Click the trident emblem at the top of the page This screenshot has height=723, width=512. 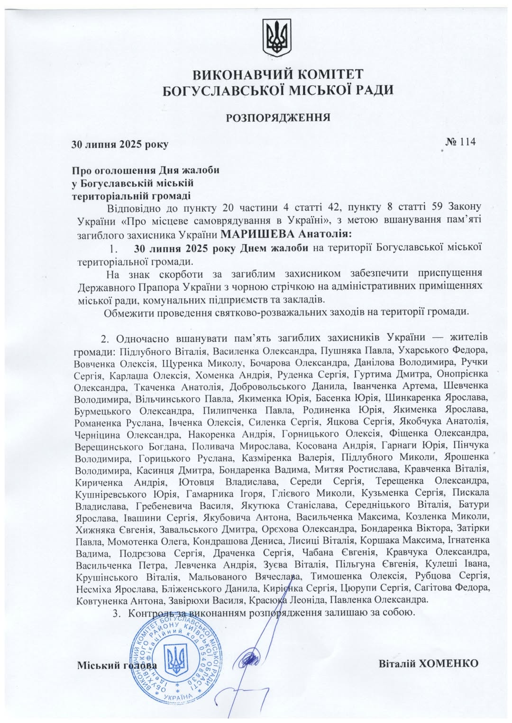(x=277, y=37)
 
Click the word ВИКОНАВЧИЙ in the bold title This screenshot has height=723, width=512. (x=234, y=74)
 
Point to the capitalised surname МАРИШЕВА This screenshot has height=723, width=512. (x=258, y=234)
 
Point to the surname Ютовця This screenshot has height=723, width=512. (x=197, y=482)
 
